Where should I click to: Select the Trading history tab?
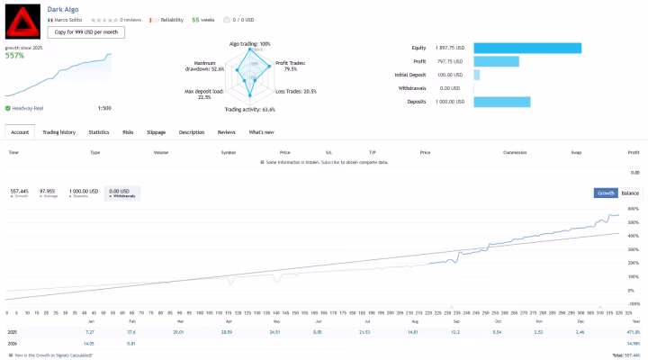coord(59,132)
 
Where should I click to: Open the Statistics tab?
coord(99,132)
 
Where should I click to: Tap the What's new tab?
coord(262,132)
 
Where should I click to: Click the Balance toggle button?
coord(630,193)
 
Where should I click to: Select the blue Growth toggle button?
coord(606,193)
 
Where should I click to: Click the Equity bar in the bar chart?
coord(526,49)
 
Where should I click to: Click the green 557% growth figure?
coord(14,55)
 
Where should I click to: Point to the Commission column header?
coord(515,153)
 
